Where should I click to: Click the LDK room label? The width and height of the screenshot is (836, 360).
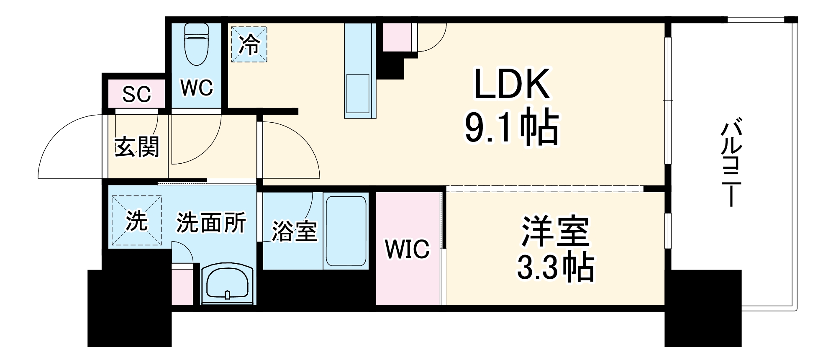511,84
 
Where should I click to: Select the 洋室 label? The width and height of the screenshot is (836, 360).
555,231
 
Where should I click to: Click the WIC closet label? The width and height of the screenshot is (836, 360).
407,249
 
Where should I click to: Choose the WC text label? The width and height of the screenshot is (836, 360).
196,88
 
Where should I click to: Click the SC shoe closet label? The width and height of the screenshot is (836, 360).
136,95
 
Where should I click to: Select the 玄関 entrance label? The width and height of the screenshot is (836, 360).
137,147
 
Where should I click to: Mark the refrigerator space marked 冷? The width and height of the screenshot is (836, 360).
249,44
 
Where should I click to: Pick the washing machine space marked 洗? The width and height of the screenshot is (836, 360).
136,221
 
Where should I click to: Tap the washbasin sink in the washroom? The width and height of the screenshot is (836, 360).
228,285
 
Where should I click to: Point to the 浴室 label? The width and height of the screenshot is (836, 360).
294,231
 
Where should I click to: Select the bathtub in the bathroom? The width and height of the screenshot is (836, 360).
346,231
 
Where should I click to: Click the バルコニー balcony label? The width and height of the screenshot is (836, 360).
731,163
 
